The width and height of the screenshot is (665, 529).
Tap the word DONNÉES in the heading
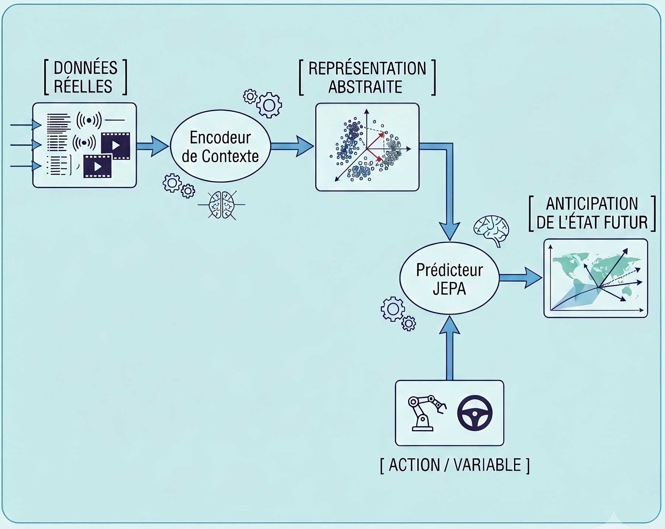point(86,68)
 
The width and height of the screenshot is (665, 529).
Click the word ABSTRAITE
point(365,87)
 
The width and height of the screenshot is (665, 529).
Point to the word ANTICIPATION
point(592,204)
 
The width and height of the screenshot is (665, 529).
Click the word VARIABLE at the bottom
point(487,465)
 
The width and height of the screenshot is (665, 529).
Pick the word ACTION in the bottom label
point(414,465)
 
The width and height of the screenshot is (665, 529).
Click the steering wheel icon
point(475,413)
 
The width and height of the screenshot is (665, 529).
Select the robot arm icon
point(427,413)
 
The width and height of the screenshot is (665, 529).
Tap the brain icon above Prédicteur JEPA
point(492,230)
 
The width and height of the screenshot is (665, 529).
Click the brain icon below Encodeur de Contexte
point(221,205)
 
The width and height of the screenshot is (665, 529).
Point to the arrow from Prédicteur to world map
point(521,278)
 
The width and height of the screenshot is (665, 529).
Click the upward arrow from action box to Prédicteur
point(449,348)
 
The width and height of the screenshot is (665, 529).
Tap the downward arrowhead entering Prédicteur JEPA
point(450,231)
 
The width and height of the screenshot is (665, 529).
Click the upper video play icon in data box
point(116,145)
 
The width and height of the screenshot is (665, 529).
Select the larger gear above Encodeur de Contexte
point(269,106)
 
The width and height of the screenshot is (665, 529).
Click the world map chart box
point(596,278)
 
